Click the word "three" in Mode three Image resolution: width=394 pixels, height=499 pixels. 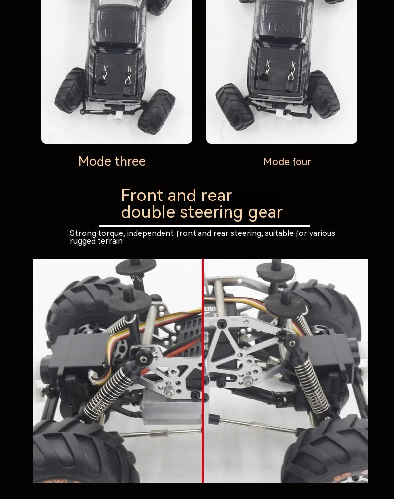point(130,161)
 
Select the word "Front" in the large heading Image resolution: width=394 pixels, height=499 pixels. point(142,195)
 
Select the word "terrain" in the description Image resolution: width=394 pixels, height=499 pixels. point(110,241)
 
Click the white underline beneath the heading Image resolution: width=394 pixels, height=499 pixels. point(204,226)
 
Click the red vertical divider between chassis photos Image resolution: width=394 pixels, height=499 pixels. point(203,370)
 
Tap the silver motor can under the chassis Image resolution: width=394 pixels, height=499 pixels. point(172,407)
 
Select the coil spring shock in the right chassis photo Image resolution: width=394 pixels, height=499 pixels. point(308,385)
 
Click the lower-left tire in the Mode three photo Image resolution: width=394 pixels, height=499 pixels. point(70,90)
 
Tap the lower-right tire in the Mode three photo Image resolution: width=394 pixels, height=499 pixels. point(156,111)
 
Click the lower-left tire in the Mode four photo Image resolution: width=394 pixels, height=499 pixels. point(234,106)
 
